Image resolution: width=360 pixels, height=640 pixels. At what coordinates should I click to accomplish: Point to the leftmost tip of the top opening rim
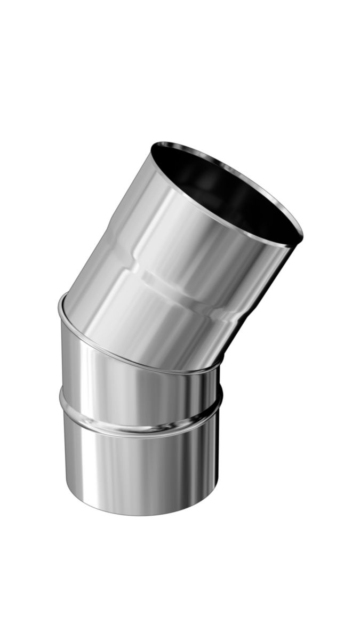[x=151, y=145]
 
